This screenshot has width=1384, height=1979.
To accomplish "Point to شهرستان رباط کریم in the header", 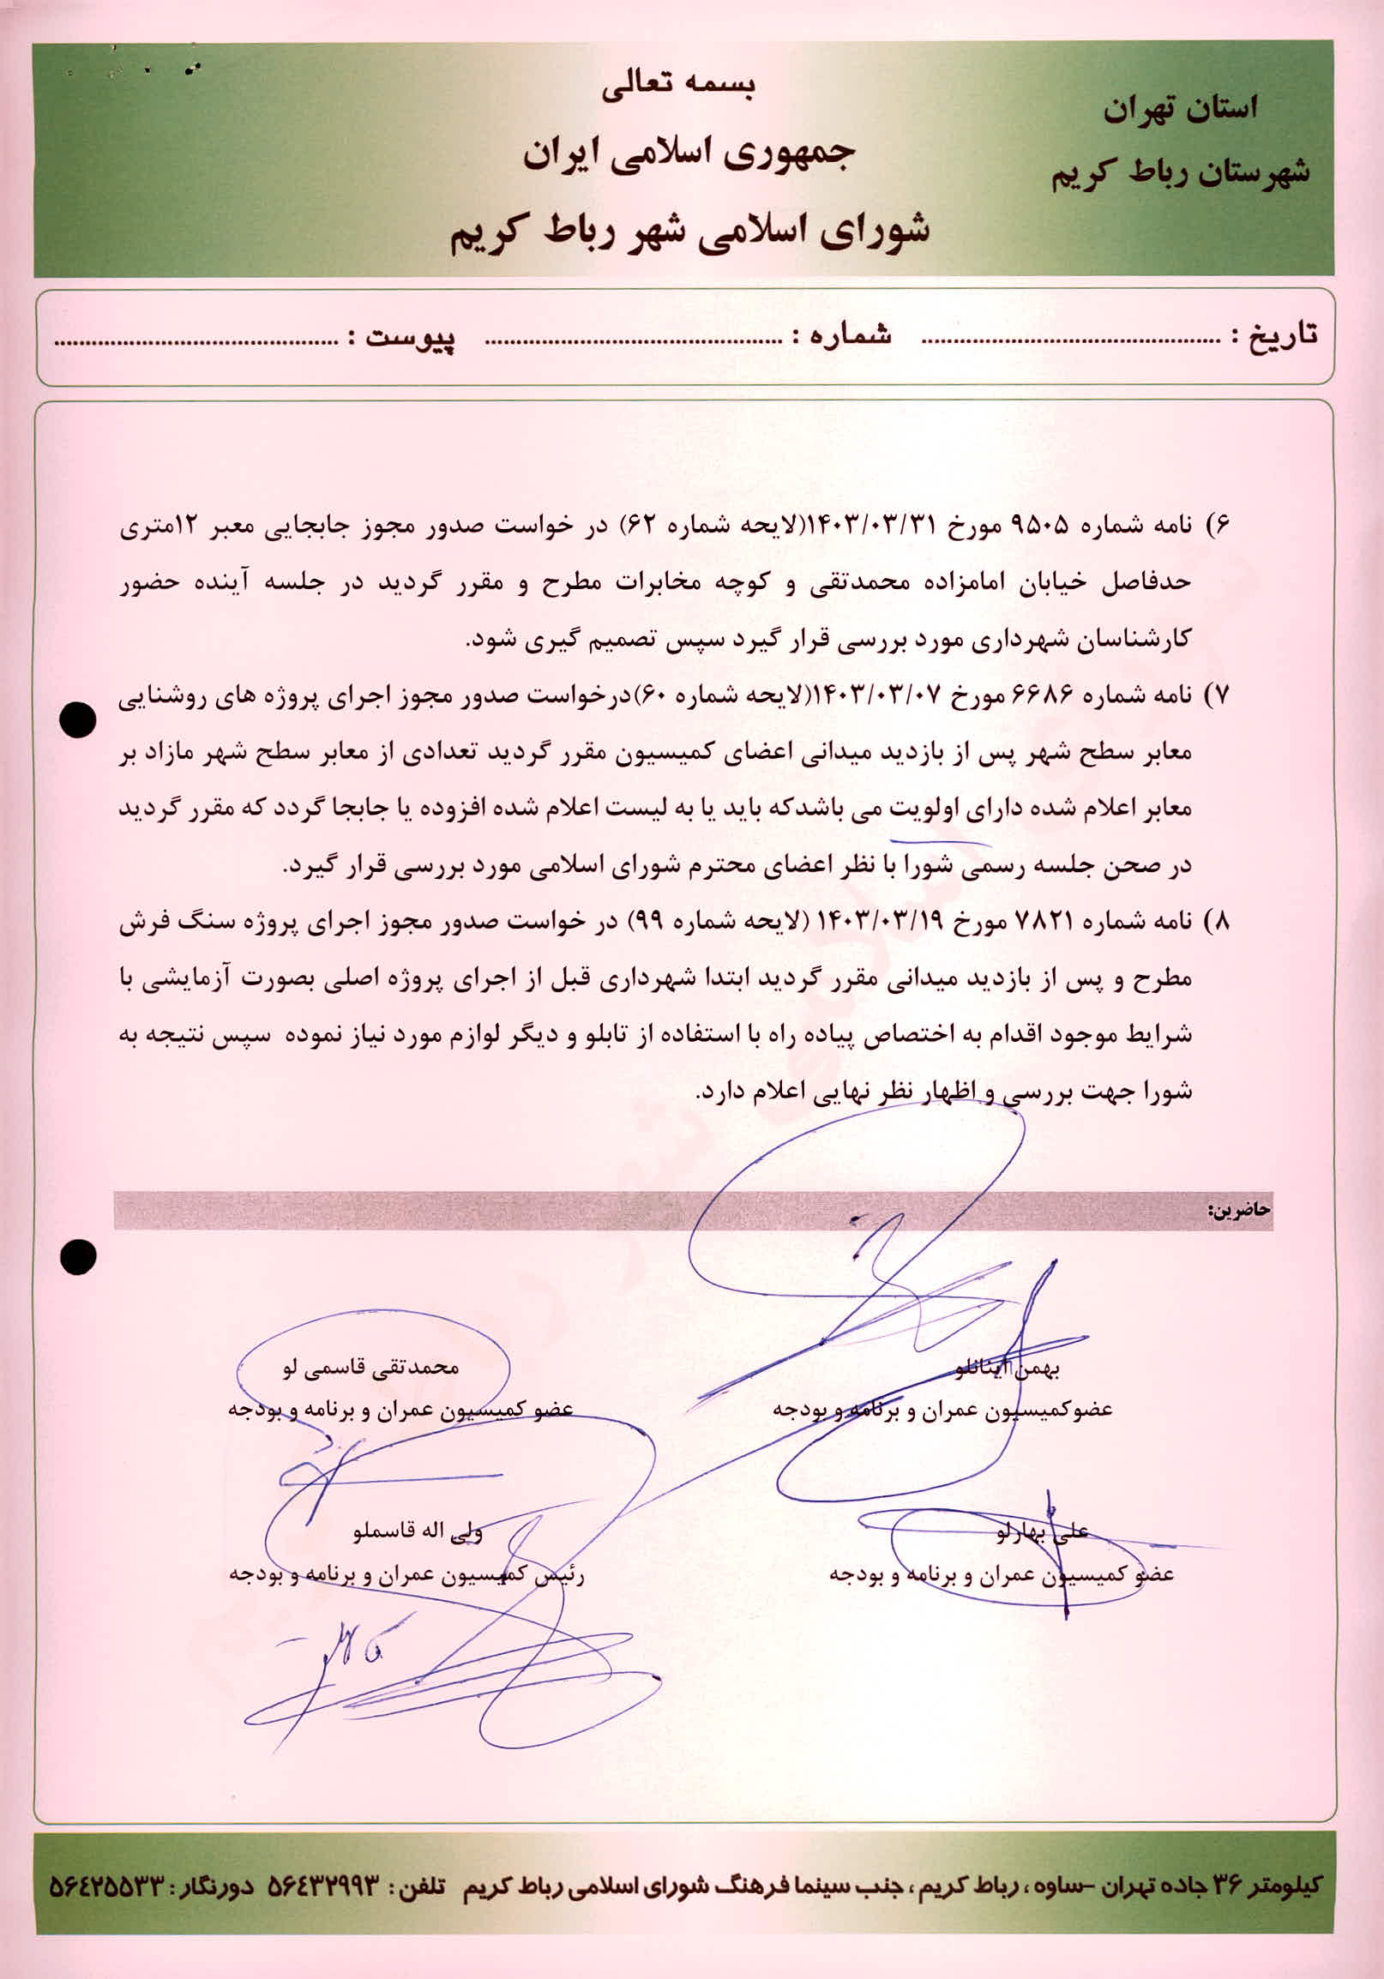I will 1180,172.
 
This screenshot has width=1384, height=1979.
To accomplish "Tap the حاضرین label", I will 1239,1210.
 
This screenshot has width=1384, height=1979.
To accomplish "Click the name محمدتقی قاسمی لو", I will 371,1366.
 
